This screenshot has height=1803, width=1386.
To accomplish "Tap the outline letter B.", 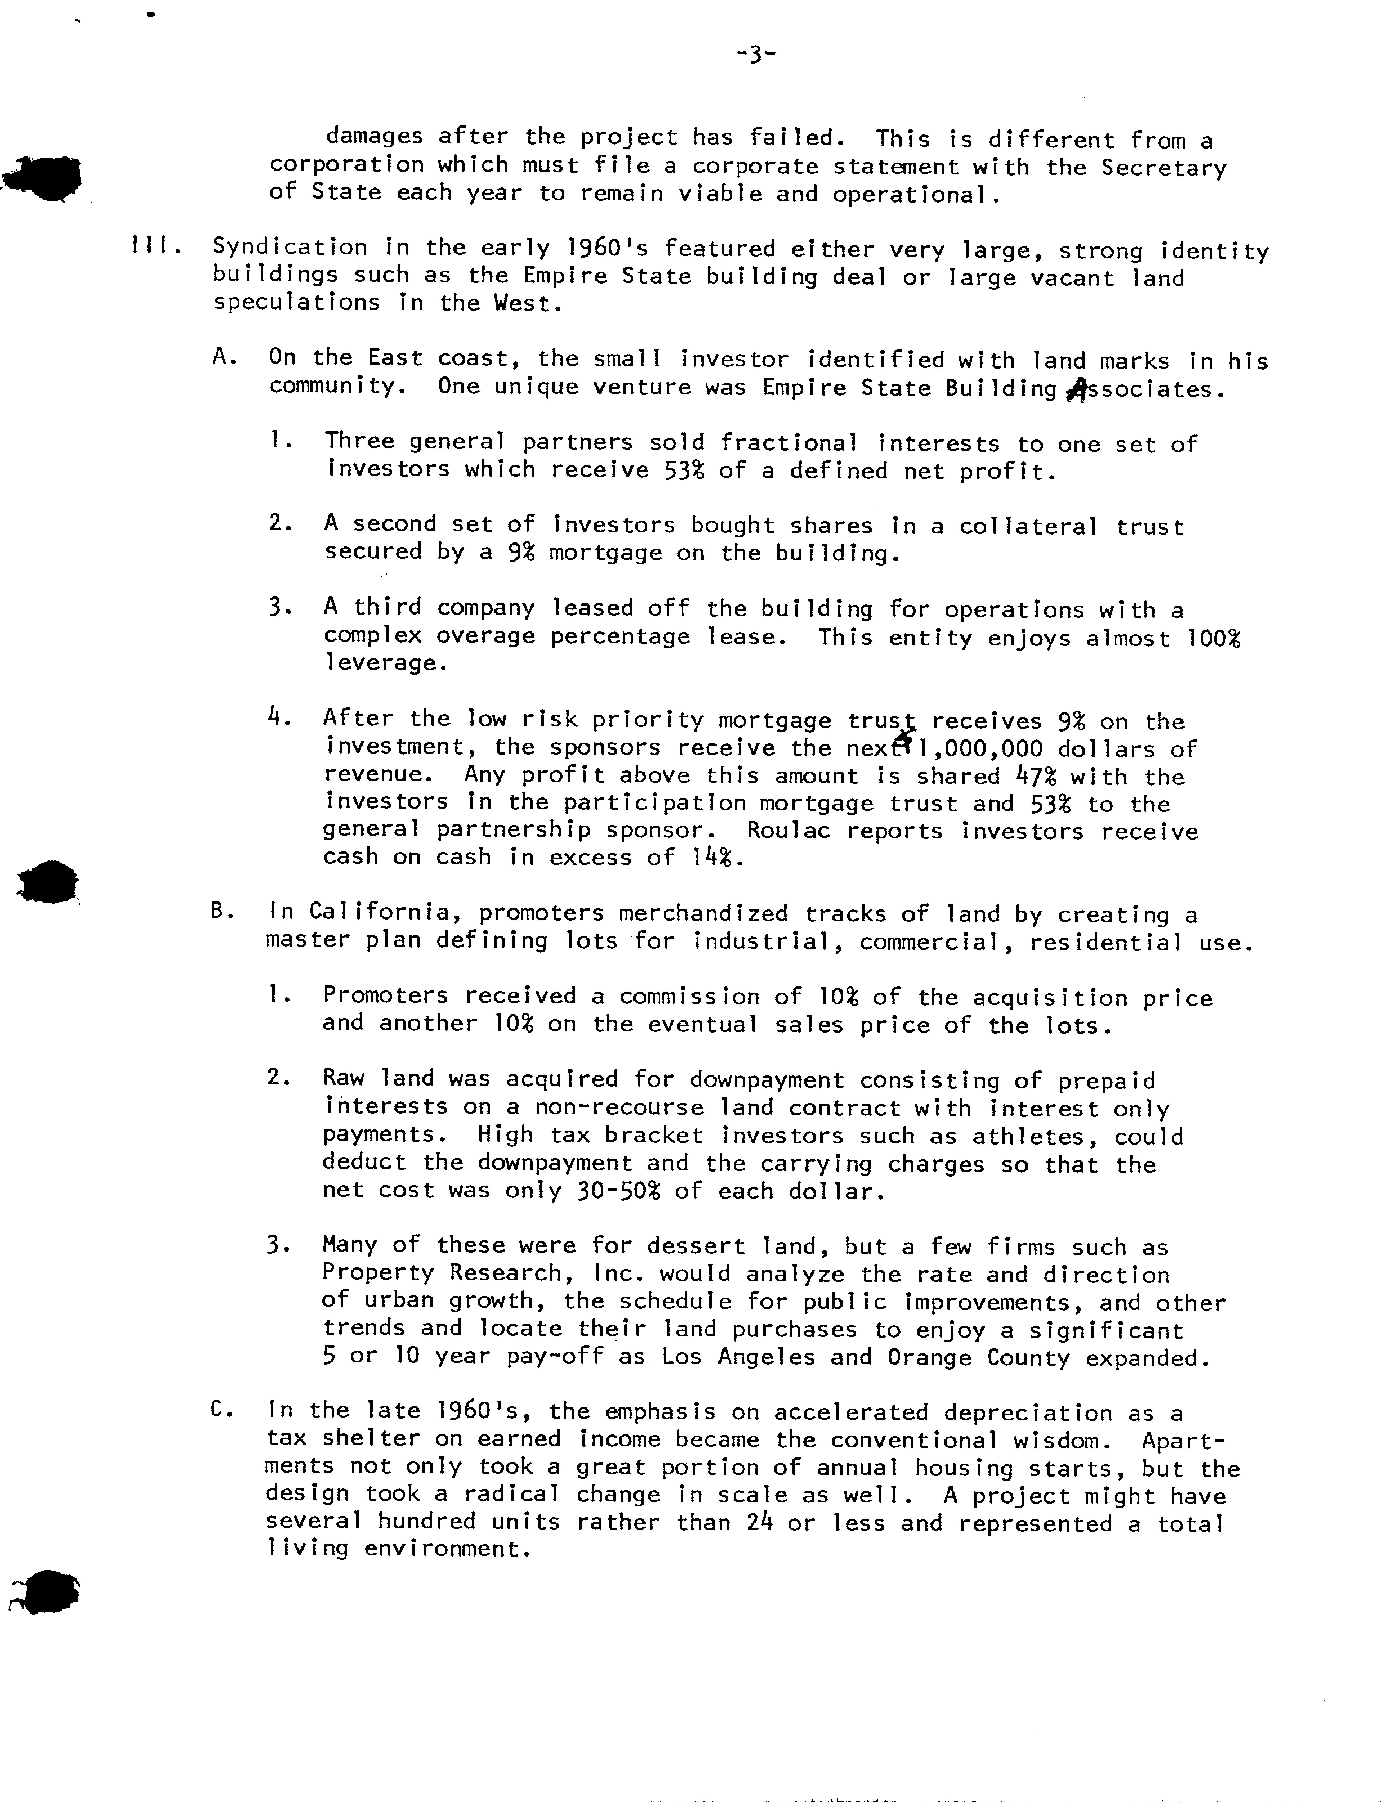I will coord(220,912).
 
